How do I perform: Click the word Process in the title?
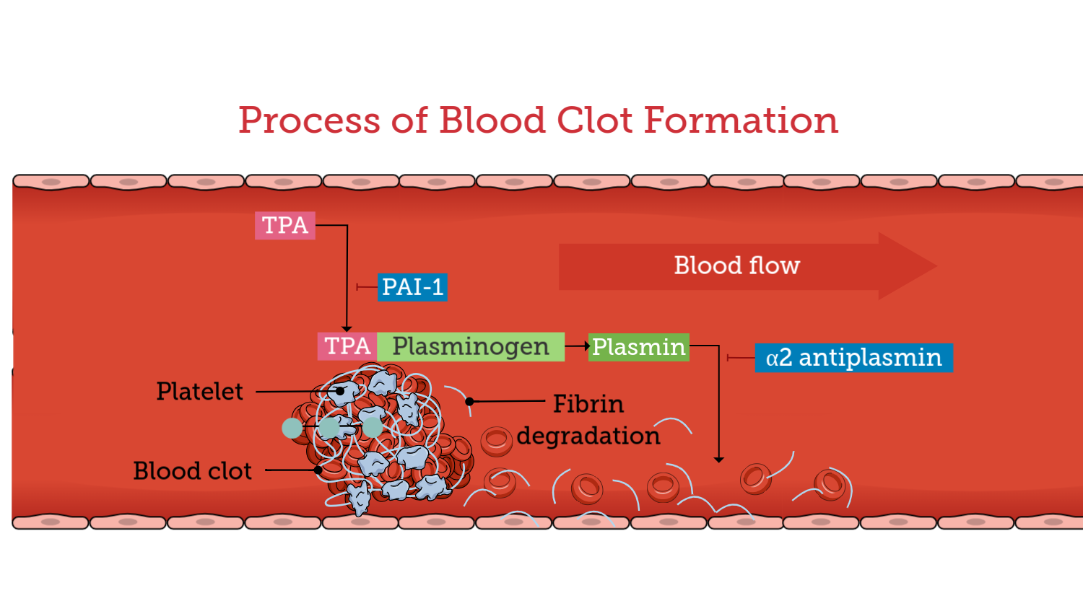point(309,120)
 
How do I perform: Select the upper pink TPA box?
point(285,225)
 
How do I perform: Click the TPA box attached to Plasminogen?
point(347,346)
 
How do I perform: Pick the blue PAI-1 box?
point(412,287)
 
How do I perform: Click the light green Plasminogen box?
point(471,346)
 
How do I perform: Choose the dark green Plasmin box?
point(639,346)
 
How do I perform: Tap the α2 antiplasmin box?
point(853,358)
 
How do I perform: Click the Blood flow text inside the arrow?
point(736,265)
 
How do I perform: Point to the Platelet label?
point(200,391)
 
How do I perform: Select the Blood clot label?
point(193,470)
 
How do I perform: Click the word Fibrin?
point(588,403)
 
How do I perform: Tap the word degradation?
point(588,436)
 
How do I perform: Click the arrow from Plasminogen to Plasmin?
point(577,346)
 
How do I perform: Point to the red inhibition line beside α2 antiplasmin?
point(740,358)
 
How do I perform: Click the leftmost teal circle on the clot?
point(292,428)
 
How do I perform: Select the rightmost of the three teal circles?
point(372,428)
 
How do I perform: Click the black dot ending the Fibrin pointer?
point(469,401)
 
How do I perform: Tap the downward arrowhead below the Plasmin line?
point(718,459)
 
